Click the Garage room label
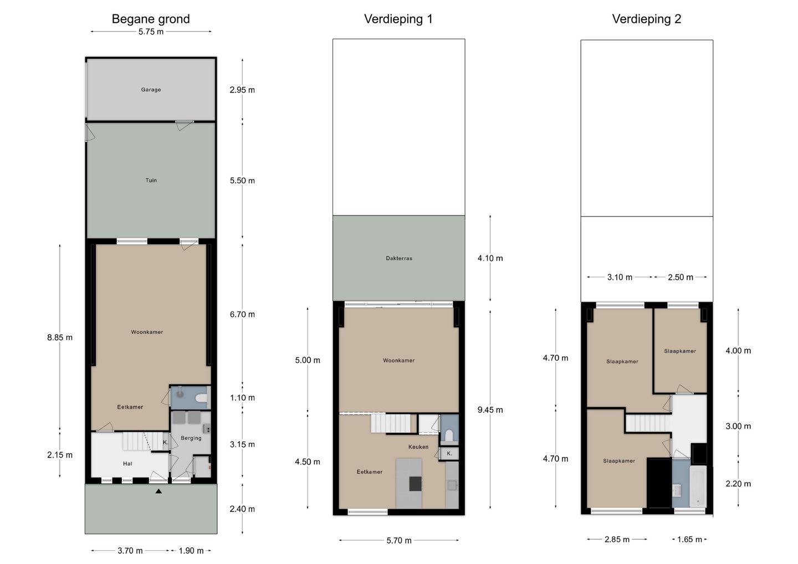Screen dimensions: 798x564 tap(151, 90)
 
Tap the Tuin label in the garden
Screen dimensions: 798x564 tap(151, 180)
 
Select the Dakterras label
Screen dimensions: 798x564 tap(399, 258)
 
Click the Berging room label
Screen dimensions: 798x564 tap(191, 438)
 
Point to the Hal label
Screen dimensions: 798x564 tap(127, 464)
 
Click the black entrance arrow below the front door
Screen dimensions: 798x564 tap(158, 491)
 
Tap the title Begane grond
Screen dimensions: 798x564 tap(151, 19)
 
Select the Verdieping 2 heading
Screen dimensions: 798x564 tap(647, 19)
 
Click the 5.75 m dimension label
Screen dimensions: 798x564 tap(151, 32)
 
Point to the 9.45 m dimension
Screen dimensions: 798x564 tap(490, 410)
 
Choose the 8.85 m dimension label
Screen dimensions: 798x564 tap(60, 337)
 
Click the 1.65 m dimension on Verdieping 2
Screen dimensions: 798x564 tap(689, 540)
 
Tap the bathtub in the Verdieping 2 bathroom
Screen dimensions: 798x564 tap(698, 486)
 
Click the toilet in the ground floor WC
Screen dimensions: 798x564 tap(202, 397)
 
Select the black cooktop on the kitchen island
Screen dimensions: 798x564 tap(416, 484)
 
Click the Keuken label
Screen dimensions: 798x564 tap(418, 447)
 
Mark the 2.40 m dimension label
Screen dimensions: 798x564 tap(242, 509)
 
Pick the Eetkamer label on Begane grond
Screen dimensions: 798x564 tap(130, 407)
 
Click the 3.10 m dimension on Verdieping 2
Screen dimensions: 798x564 tap(620, 278)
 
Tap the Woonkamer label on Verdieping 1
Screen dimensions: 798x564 tap(398, 360)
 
